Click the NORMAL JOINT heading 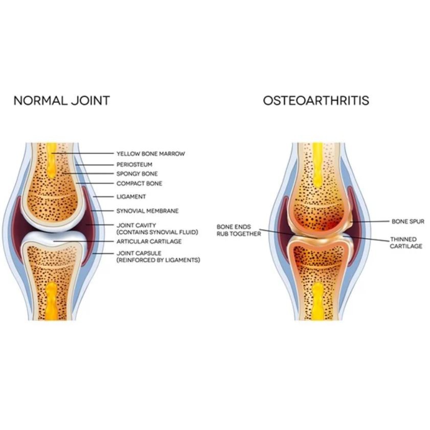[61, 100]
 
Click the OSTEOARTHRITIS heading [316, 100]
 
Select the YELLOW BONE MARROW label [150, 153]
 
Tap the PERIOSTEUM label [134, 165]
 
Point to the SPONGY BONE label [137, 174]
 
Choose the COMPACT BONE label [140, 184]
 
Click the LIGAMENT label [131, 196]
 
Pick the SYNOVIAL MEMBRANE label [147, 211]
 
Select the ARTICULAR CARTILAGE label [149, 241]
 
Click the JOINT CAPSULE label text [139, 253]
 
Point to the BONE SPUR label [408, 221]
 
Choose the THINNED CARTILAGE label [406, 243]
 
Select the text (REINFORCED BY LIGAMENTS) [158, 260]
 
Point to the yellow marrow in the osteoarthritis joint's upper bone [318, 159]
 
